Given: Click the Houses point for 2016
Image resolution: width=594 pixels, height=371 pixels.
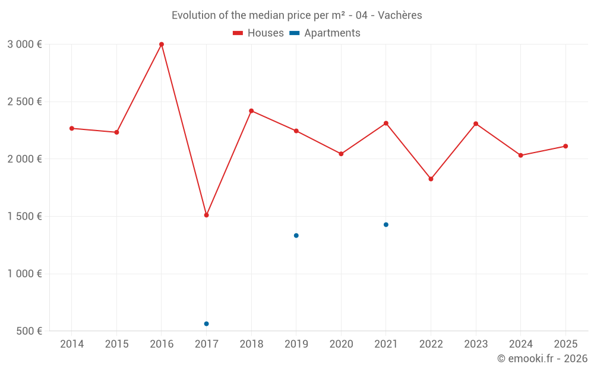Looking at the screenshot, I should [162, 45].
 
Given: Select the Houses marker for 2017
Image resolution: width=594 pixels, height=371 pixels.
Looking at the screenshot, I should [206, 215].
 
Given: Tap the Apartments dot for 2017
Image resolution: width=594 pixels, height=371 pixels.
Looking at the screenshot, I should [206, 324].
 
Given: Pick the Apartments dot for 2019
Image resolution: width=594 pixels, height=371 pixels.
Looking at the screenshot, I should [296, 236].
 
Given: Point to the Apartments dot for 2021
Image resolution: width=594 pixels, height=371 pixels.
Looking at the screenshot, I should [386, 224].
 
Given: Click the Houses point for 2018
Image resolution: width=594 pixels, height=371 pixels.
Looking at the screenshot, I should [251, 111].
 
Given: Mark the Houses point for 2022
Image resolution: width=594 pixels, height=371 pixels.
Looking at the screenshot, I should [431, 179].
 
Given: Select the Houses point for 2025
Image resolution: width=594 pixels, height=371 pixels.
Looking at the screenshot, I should [565, 146].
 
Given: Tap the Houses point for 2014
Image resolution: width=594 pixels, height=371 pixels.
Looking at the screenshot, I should [72, 128].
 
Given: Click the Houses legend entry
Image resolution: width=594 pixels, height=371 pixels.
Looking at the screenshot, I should [258, 33].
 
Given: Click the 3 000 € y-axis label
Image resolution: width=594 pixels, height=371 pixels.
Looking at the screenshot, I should [24, 45].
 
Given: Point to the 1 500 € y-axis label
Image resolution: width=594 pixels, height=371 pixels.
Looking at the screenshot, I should [24, 217].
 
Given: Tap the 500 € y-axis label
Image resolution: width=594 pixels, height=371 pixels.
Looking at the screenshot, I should [29, 331].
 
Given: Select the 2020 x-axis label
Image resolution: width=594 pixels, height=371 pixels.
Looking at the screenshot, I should [341, 344].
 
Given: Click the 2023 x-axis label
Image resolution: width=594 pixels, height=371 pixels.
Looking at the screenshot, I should [476, 344].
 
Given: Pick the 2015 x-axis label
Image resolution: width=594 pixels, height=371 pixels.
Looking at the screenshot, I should [116, 344].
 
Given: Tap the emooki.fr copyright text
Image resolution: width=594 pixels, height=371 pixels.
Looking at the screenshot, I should [542, 359].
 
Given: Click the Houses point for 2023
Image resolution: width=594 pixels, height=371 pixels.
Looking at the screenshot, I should [476, 123].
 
